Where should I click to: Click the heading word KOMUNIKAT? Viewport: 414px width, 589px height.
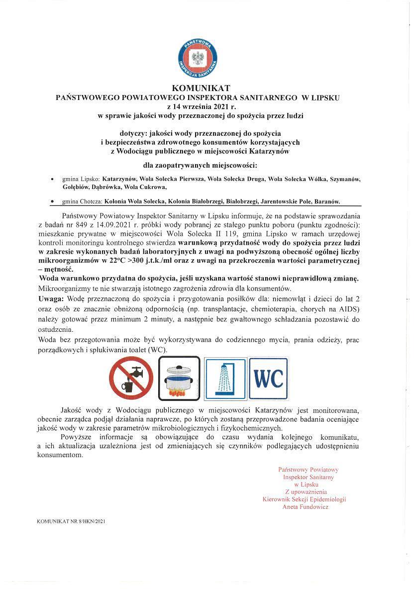198,89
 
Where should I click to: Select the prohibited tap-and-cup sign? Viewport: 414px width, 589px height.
131,378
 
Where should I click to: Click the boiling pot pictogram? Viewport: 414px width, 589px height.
179,378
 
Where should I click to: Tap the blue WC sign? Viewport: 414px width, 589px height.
268,378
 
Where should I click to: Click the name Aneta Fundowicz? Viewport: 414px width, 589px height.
305,507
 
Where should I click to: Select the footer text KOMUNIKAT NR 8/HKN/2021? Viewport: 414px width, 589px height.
71,522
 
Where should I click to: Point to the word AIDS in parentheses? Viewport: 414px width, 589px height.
348,309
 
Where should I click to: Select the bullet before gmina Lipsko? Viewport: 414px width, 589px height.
53,178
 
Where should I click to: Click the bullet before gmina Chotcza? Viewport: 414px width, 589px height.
53,201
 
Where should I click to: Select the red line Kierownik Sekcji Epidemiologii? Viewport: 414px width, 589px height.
304,499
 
